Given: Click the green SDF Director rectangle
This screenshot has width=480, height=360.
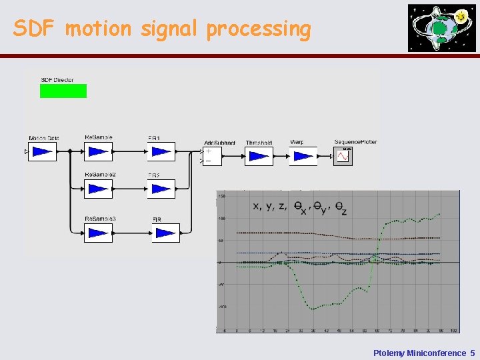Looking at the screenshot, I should click(x=63, y=91).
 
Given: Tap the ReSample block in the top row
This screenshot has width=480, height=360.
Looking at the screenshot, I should click(x=98, y=152).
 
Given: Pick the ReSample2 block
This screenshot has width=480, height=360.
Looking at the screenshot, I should click(x=98, y=189).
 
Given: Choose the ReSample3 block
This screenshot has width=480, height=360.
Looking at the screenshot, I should click(x=98, y=233).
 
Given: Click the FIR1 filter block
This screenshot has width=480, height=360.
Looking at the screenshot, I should click(x=161, y=152).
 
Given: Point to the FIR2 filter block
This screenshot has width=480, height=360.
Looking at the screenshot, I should click(x=161, y=189).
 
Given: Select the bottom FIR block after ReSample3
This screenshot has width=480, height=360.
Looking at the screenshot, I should click(x=165, y=233).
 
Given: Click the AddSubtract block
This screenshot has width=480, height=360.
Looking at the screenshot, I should click(x=213, y=157).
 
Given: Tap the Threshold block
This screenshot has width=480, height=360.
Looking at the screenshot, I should click(x=259, y=157).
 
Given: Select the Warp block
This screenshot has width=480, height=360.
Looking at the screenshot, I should click(x=303, y=157).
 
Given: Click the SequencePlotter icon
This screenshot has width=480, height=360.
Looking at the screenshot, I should click(x=343, y=156).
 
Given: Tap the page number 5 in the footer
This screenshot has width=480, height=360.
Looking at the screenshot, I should click(x=472, y=353).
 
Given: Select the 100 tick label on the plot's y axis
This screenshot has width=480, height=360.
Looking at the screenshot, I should click(x=221, y=219).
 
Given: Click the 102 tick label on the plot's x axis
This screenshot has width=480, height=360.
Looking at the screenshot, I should click(x=454, y=330).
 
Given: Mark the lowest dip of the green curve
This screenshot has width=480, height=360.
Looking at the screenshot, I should click(x=311, y=308).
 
